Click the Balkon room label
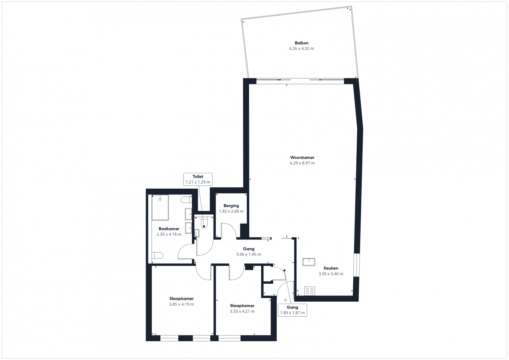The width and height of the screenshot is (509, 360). point(302,43)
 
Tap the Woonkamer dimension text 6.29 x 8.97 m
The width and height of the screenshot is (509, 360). point(302,163)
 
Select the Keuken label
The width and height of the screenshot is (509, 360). point(331,268)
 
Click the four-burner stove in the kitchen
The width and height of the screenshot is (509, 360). point(309,291)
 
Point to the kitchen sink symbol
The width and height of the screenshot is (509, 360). point(309,262)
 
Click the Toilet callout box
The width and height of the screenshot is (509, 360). point(198,179)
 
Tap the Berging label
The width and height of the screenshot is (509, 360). point(231,206)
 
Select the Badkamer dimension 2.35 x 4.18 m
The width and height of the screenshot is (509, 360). point(169,234)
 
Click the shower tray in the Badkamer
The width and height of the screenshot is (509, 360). point(160,208)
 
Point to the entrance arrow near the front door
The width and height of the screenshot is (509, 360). point(285,300)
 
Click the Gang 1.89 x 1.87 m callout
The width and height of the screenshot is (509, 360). point(292,310)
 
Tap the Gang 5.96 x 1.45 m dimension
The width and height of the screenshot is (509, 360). point(249,254)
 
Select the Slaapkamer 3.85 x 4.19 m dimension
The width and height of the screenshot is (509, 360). point(182,304)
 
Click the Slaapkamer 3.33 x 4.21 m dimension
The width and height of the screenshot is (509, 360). point(242,311)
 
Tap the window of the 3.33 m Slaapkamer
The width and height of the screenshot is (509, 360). point(229,338)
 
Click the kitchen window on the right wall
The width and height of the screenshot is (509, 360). point(357,265)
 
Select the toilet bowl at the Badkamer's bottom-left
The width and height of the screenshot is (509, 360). point(157,256)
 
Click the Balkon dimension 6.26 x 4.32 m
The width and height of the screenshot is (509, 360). point(302,48)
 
